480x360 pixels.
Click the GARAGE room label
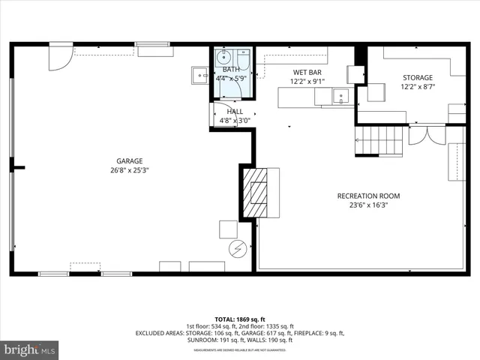coord(129,160)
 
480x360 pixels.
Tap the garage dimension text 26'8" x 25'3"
coord(129,169)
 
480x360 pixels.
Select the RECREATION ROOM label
coord(368,196)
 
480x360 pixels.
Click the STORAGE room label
coord(417,77)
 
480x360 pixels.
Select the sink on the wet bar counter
coord(340,95)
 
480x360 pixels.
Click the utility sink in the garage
coord(199,73)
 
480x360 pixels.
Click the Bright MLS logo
coord(30,349)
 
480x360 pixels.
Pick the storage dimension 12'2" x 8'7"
coord(417,87)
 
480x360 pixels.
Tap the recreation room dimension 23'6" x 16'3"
coord(368,205)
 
